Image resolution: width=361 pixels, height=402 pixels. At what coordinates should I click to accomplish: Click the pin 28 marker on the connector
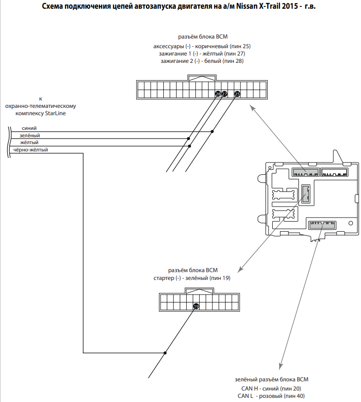(218, 94)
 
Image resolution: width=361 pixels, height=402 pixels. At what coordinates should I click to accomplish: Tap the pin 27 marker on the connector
(224, 94)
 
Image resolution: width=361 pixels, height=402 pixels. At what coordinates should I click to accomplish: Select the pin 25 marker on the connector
(237, 94)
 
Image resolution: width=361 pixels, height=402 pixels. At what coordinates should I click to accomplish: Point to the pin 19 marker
(196, 307)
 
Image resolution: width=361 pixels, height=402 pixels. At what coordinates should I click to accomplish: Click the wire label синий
(29, 128)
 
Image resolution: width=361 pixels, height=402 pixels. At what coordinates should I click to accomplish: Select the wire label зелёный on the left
(30, 135)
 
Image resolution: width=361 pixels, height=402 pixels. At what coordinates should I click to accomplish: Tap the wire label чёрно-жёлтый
(30, 150)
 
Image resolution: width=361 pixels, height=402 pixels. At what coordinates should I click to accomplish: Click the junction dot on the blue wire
(212, 132)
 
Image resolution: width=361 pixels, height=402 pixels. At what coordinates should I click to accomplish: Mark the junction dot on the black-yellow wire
(165, 353)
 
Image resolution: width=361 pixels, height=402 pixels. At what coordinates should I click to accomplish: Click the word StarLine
(55, 113)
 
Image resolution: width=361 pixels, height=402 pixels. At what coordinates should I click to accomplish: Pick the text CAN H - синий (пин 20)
(271, 389)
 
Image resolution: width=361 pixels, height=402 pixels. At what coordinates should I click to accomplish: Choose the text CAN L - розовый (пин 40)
(271, 396)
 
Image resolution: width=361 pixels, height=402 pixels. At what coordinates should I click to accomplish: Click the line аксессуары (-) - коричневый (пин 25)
(202, 46)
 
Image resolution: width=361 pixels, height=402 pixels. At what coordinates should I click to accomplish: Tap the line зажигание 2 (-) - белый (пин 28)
(202, 61)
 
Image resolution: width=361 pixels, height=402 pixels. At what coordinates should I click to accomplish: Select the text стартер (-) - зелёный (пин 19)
(192, 278)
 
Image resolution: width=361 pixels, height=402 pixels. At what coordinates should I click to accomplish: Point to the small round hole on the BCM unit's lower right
(350, 223)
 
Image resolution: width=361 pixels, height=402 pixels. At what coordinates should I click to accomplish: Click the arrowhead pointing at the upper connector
(252, 107)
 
